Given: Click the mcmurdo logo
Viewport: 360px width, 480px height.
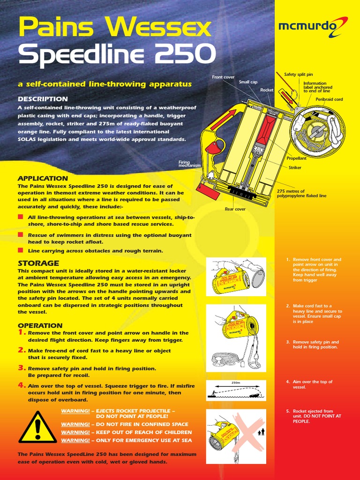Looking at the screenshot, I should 313,27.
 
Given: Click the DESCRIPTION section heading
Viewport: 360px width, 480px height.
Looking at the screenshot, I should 43,99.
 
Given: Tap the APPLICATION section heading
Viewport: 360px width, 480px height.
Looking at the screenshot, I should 43,179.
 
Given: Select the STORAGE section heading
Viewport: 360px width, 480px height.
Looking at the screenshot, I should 38,263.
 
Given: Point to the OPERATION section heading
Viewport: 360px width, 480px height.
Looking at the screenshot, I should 40,326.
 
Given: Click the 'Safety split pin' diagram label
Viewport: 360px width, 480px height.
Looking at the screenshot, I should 299,75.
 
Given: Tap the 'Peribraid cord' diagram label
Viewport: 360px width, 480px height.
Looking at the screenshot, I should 329,99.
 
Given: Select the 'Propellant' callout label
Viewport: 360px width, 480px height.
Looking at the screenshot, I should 296,158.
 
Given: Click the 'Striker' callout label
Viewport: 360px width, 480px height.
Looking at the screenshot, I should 295,167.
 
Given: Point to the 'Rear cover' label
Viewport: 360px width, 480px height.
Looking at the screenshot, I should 235,209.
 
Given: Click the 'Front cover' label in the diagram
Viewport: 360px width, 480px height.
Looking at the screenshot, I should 223,77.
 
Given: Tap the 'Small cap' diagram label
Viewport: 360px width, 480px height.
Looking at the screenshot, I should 248,82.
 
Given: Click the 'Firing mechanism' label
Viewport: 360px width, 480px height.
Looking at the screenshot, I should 189,164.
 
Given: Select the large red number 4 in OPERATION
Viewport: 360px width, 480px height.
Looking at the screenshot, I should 22,385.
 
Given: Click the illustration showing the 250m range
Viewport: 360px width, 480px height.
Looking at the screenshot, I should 236,390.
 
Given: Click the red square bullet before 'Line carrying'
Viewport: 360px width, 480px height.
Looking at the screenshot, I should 20,251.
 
